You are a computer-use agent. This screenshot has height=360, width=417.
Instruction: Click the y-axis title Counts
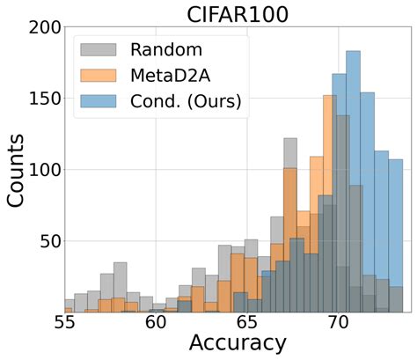click(x=17, y=167)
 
